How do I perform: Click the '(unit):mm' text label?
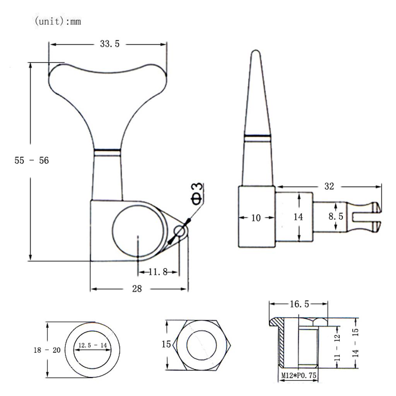pos(58,21)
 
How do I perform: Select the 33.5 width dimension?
pos(110,44)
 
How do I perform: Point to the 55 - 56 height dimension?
pos(32,160)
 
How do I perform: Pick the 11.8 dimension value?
pos(158,272)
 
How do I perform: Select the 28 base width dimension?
pos(137,288)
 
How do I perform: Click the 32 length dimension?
pos(329,186)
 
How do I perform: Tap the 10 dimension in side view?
pos(256,218)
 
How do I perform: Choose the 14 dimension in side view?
pos(298,217)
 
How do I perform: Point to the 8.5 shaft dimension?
pos(336,217)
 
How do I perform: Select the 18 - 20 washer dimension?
pos(47,350)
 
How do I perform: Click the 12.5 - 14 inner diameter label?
pos(92,345)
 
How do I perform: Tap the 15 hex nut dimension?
pos(166,344)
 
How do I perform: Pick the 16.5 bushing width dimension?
pos(299,304)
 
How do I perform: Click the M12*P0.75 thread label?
pos(299,375)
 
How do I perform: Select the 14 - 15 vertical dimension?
pos(356,343)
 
